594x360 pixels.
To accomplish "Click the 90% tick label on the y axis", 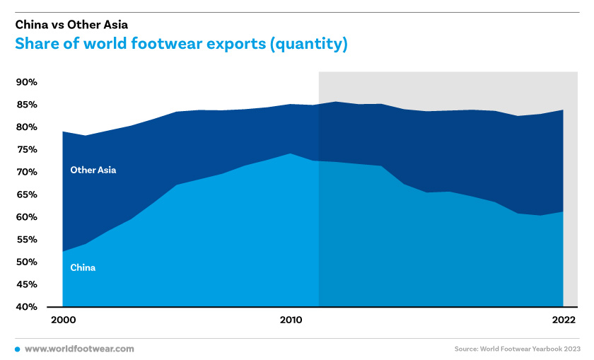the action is [x=27, y=82].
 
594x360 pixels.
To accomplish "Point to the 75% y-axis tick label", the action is [x=27, y=150].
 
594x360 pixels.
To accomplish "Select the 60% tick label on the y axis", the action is [x=27, y=217].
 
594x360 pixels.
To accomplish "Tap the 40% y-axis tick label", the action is [x=27, y=307].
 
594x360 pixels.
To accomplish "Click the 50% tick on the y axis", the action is [x=27, y=262].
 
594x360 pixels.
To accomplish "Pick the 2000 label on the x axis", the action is [x=63, y=320].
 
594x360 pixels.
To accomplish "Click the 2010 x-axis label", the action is [x=291, y=320].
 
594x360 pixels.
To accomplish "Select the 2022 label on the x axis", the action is [x=564, y=320].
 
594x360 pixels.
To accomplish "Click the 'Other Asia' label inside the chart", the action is [x=93, y=170].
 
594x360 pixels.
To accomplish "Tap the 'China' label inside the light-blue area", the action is [x=83, y=267].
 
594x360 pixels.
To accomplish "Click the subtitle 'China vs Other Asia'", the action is [x=71, y=25].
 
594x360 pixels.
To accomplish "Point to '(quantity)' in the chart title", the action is [x=308, y=44].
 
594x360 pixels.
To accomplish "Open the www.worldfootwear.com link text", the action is [x=79, y=349].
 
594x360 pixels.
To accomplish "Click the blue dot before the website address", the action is [x=18, y=349].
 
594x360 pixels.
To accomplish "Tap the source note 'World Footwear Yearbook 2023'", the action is [x=530, y=349].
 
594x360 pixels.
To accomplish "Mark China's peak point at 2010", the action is [x=291, y=153].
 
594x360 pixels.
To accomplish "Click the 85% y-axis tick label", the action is [x=27, y=105].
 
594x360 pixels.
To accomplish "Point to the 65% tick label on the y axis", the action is [x=27, y=194].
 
